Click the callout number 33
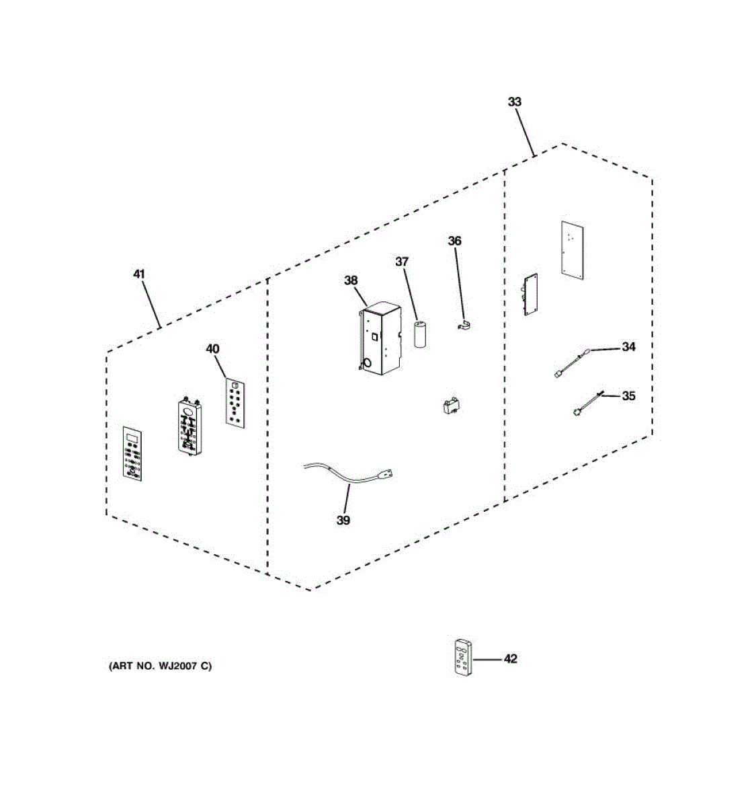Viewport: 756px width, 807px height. point(514,102)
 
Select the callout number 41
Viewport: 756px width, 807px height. point(139,274)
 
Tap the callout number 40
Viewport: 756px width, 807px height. point(212,349)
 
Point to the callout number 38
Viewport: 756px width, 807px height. point(351,280)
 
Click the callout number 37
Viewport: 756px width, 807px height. point(402,262)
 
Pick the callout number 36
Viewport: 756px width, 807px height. point(455,241)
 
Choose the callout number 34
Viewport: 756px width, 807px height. point(628,347)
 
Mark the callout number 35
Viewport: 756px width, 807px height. point(628,396)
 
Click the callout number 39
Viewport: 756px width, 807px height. point(343,520)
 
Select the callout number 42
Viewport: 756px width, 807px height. point(511,659)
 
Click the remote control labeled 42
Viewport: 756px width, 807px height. point(462,657)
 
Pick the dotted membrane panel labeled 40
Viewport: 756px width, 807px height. point(235,402)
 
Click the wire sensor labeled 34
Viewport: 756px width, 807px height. point(571,362)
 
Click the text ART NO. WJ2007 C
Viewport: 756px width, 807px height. point(160,666)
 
